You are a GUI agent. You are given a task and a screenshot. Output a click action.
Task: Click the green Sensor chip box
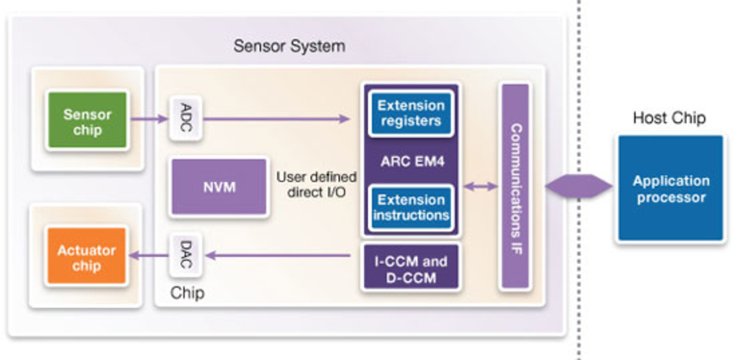click(x=87, y=122)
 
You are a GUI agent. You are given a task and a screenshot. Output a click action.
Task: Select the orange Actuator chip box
click(x=87, y=258)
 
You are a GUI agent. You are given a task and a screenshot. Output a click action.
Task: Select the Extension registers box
click(x=411, y=113)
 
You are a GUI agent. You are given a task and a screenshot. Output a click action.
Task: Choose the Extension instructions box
click(x=411, y=207)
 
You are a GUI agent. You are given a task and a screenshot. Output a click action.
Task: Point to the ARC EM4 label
click(x=411, y=160)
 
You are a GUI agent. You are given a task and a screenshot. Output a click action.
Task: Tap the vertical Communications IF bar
click(x=514, y=186)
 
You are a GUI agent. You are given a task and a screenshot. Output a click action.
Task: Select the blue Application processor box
click(x=669, y=188)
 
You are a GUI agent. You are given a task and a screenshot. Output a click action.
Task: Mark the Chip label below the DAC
click(x=188, y=292)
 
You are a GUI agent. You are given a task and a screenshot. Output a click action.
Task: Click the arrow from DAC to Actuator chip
click(x=147, y=254)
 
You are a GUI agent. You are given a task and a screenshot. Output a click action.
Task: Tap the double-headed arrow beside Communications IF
click(x=479, y=186)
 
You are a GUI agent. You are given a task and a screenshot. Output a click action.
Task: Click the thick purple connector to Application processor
click(x=578, y=186)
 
